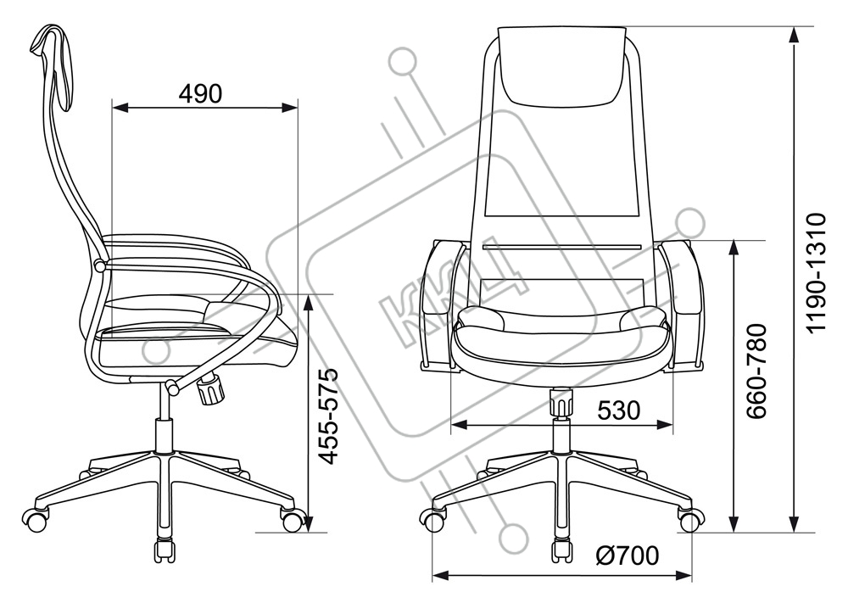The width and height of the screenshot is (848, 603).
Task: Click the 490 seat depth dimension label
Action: [200, 93]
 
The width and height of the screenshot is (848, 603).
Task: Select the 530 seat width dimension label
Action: [619, 410]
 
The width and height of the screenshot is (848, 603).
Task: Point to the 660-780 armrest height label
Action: [756, 371]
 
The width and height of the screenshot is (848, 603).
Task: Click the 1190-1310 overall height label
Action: [816, 273]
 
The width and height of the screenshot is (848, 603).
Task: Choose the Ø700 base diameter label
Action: [628, 555]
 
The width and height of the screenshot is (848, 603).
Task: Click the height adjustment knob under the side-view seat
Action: [211, 389]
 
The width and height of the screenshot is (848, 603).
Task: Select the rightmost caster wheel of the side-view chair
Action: [292, 520]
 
